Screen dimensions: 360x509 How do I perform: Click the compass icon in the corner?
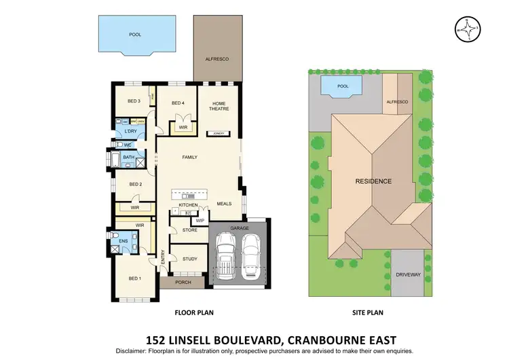point(466,29)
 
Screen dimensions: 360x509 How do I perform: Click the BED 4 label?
point(178,103)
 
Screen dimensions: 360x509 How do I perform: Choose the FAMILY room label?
point(189,157)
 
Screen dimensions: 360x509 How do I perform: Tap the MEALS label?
point(225,203)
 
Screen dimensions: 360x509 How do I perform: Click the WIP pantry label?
point(200,221)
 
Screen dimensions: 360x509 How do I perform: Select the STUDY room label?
point(190,258)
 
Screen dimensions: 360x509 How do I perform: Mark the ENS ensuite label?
point(124,240)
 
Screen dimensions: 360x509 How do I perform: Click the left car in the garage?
point(225,256)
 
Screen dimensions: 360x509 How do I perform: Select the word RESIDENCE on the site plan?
point(373,181)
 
